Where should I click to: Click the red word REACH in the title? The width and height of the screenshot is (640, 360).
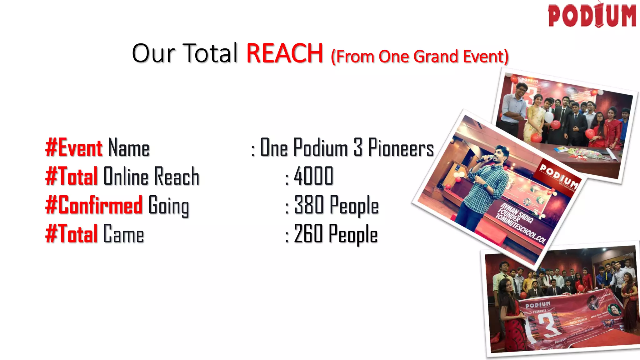[x=284, y=53]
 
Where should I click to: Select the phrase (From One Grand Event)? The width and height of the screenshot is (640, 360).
[x=420, y=57]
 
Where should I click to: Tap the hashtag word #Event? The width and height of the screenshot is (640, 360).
[x=74, y=147]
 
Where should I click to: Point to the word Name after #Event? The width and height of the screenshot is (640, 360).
[x=129, y=148]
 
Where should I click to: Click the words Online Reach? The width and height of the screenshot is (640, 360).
[x=151, y=177]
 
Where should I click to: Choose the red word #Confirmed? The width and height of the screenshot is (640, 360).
[x=94, y=205]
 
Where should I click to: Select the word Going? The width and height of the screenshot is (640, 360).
[x=169, y=206]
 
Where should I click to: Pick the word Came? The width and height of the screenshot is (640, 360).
[x=123, y=234]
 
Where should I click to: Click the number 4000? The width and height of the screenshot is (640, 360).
[x=313, y=177]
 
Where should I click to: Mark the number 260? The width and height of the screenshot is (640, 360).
[x=308, y=234]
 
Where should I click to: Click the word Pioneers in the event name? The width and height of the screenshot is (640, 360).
[x=401, y=147]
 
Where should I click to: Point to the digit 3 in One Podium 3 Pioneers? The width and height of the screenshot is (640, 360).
[x=358, y=147]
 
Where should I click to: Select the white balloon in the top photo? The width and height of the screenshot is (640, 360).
[x=549, y=117]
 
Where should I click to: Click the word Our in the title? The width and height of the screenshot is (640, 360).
[x=153, y=53]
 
